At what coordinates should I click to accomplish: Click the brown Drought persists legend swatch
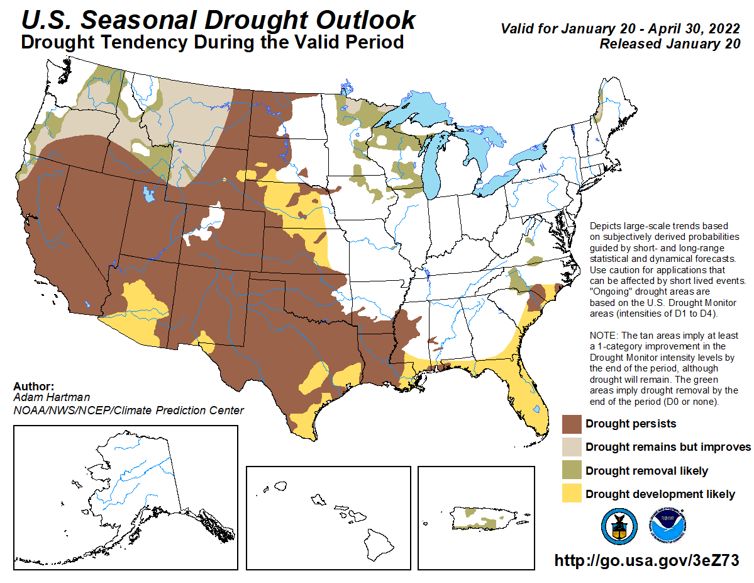[571, 424]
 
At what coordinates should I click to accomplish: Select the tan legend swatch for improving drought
[571, 447]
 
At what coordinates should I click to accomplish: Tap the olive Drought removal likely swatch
[571, 471]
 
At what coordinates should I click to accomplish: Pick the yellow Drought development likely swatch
[571, 494]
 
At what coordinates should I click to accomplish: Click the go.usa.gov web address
[646, 560]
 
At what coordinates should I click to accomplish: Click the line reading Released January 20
[669, 44]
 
